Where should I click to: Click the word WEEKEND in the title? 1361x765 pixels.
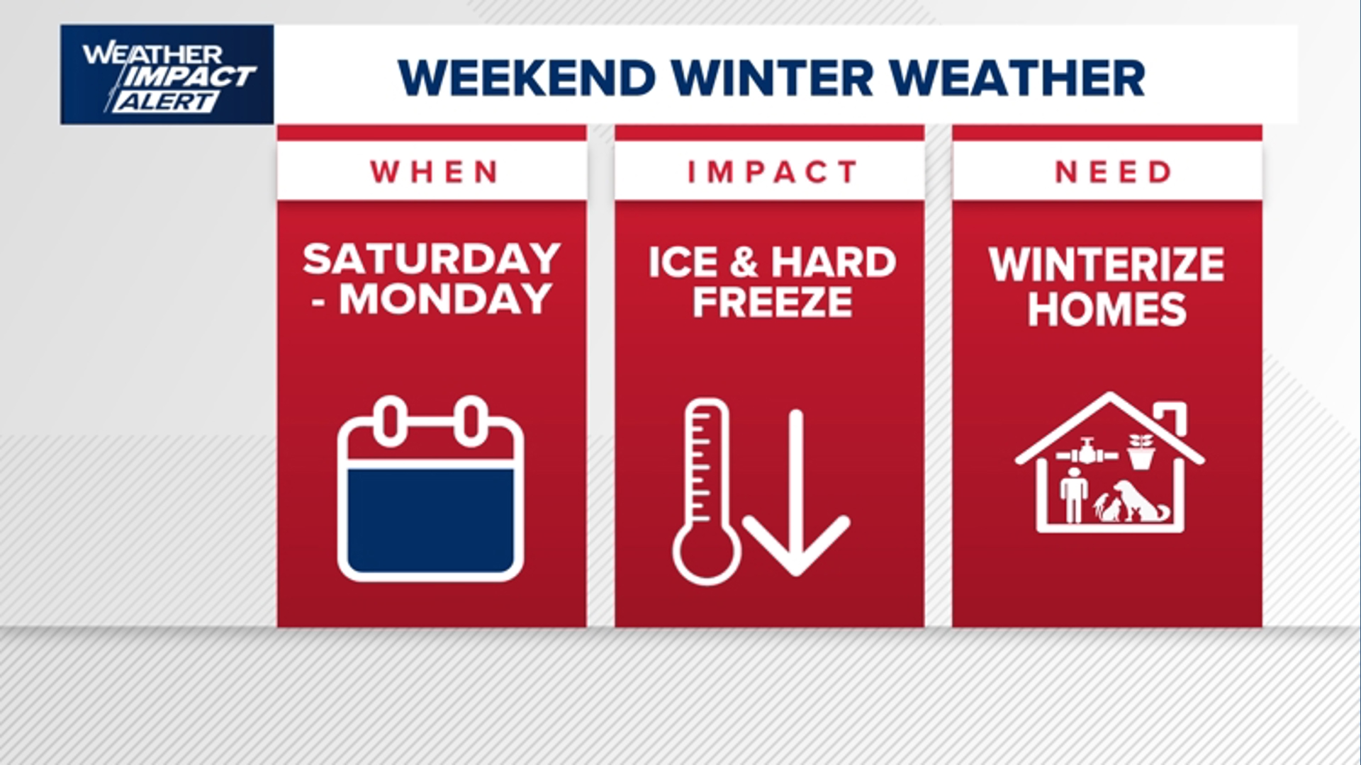coord(527,78)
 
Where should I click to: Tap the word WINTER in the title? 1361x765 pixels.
coord(772,78)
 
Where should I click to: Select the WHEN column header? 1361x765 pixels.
coord(434,172)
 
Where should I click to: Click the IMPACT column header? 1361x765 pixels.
coord(772,172)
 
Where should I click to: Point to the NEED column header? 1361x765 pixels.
coord(1112,172)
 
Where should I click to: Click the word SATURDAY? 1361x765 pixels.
coord(432,259)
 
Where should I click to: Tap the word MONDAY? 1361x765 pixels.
coord(445,299)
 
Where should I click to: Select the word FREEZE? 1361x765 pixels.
coord(772,302)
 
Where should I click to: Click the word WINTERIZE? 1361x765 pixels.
coord(1107,265)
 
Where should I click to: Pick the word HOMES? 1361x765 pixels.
coord(1107,309)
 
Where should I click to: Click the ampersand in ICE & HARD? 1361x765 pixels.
coord(743,263)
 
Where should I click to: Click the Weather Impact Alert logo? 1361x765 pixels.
coord(167,75)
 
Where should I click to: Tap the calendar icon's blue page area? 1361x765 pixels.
coord(431,519)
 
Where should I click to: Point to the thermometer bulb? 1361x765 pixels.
coord(706,554)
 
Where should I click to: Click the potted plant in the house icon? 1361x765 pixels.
coord(1141,451)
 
